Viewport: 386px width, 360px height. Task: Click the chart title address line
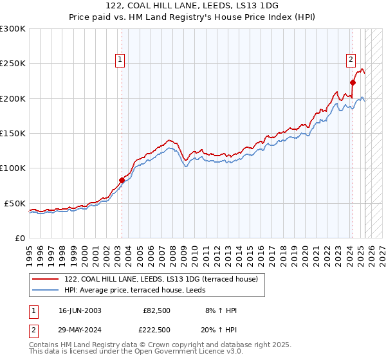point(193,6)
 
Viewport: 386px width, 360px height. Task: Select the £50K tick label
point(15,203)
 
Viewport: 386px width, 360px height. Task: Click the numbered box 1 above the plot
point(120,60)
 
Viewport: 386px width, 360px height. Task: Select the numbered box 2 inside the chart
point(351,60)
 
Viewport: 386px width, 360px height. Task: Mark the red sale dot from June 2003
point(122,180)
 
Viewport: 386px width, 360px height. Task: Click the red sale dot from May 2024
point(353,82)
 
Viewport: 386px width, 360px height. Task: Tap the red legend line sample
point(46,279)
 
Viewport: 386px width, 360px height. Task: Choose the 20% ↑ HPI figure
point(221,329)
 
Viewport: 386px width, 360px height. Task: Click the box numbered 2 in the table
point(33,329)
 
